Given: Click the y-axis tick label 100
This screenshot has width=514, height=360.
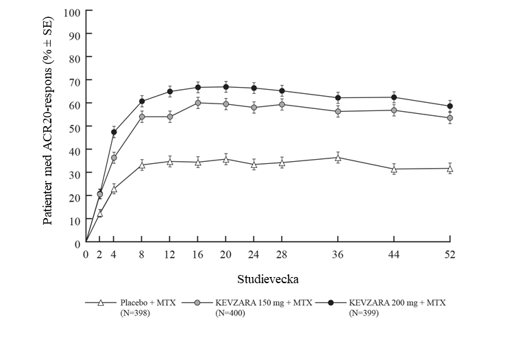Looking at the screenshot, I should pyautogui.click(x=72, y=12).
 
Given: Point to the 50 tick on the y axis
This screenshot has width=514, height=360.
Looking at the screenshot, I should pyautogui.click(x=75, y=128).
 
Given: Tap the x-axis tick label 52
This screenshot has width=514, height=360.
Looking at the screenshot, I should pyautogui.click(x=450, y=255).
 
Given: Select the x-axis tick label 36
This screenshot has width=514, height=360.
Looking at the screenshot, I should pyautogui.click(x=337, y=255).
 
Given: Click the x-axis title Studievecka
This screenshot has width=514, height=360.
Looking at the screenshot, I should pyautogui.click(x=268, y=280).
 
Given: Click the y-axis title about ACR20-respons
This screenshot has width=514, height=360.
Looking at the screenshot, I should pyautogui.click(x=49, y=128).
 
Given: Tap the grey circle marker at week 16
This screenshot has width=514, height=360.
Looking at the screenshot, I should pyautogui.click(x=198, y=103).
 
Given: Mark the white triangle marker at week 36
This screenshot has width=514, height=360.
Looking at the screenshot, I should pyautogui.click(x=337, y=158).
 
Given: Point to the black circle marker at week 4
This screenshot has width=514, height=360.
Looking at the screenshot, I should pyautogui.click(x=114, y=132).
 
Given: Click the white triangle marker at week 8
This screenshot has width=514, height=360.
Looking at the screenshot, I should pyautogui.click(x=142, y=165).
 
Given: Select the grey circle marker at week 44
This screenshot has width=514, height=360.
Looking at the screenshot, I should pyautogui.click(x=393, y=110).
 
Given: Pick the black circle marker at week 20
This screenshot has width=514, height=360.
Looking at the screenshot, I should pyautogui.click(x=225, y=87).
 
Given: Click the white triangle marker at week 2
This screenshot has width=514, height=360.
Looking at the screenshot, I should pyautogui.click(x=100, y=213).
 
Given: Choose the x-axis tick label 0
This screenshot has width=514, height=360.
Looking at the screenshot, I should pyautogui.click(x=86, y=255).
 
